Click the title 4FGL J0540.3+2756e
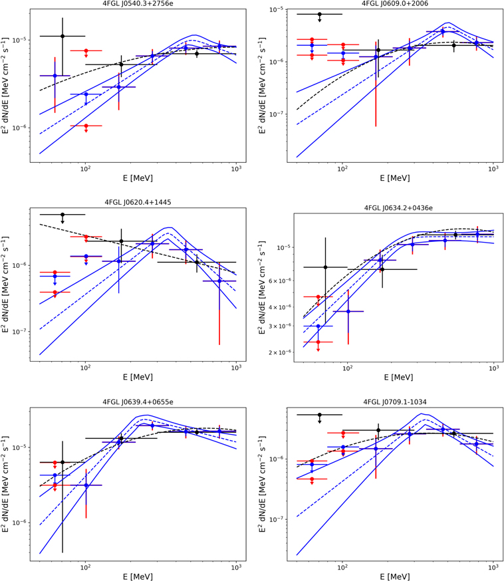pos(133,4)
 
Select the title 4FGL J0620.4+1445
pos(133,201)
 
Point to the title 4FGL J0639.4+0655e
pos(133,402)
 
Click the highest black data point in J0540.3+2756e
pos(63,36)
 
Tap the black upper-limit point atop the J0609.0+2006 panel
pos(320,14)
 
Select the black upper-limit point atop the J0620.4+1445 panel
pos(63,215)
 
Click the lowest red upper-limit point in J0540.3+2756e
pos(86,125)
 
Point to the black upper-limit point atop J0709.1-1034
pos(320,415)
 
